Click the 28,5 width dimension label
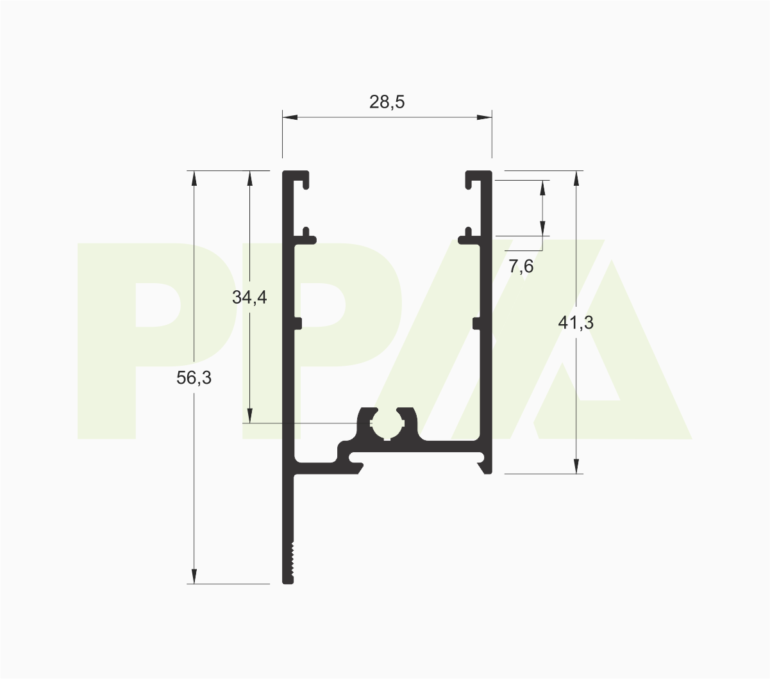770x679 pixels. pos(387,102)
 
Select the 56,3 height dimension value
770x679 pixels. pos(194,378)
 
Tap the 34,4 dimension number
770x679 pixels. pos(249,297)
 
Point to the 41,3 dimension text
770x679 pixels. pos(576,323)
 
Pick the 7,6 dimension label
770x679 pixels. pos(521,266)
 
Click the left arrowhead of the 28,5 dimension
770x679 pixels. pos(290,117)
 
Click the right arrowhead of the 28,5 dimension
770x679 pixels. pos(484,117)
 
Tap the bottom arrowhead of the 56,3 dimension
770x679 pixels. pos(194,576)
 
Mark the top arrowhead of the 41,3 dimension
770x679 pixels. pos(576,179)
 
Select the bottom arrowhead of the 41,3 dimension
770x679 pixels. pos(576,466)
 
